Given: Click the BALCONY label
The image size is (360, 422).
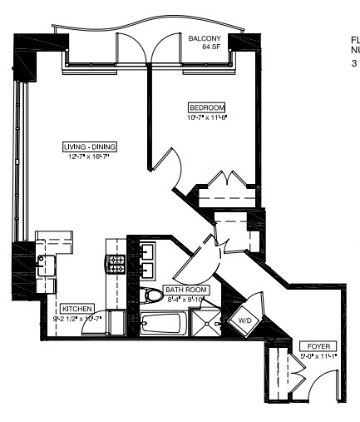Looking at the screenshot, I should point(204,38).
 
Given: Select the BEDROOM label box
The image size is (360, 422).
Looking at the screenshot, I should point(207,107).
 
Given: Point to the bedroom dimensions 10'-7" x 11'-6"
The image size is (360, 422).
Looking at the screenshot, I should point(207,117).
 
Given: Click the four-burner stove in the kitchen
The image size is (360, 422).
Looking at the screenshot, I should point(116,267).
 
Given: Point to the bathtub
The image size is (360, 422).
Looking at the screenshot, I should point(163,325).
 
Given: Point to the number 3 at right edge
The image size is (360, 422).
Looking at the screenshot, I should point(353,62).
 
